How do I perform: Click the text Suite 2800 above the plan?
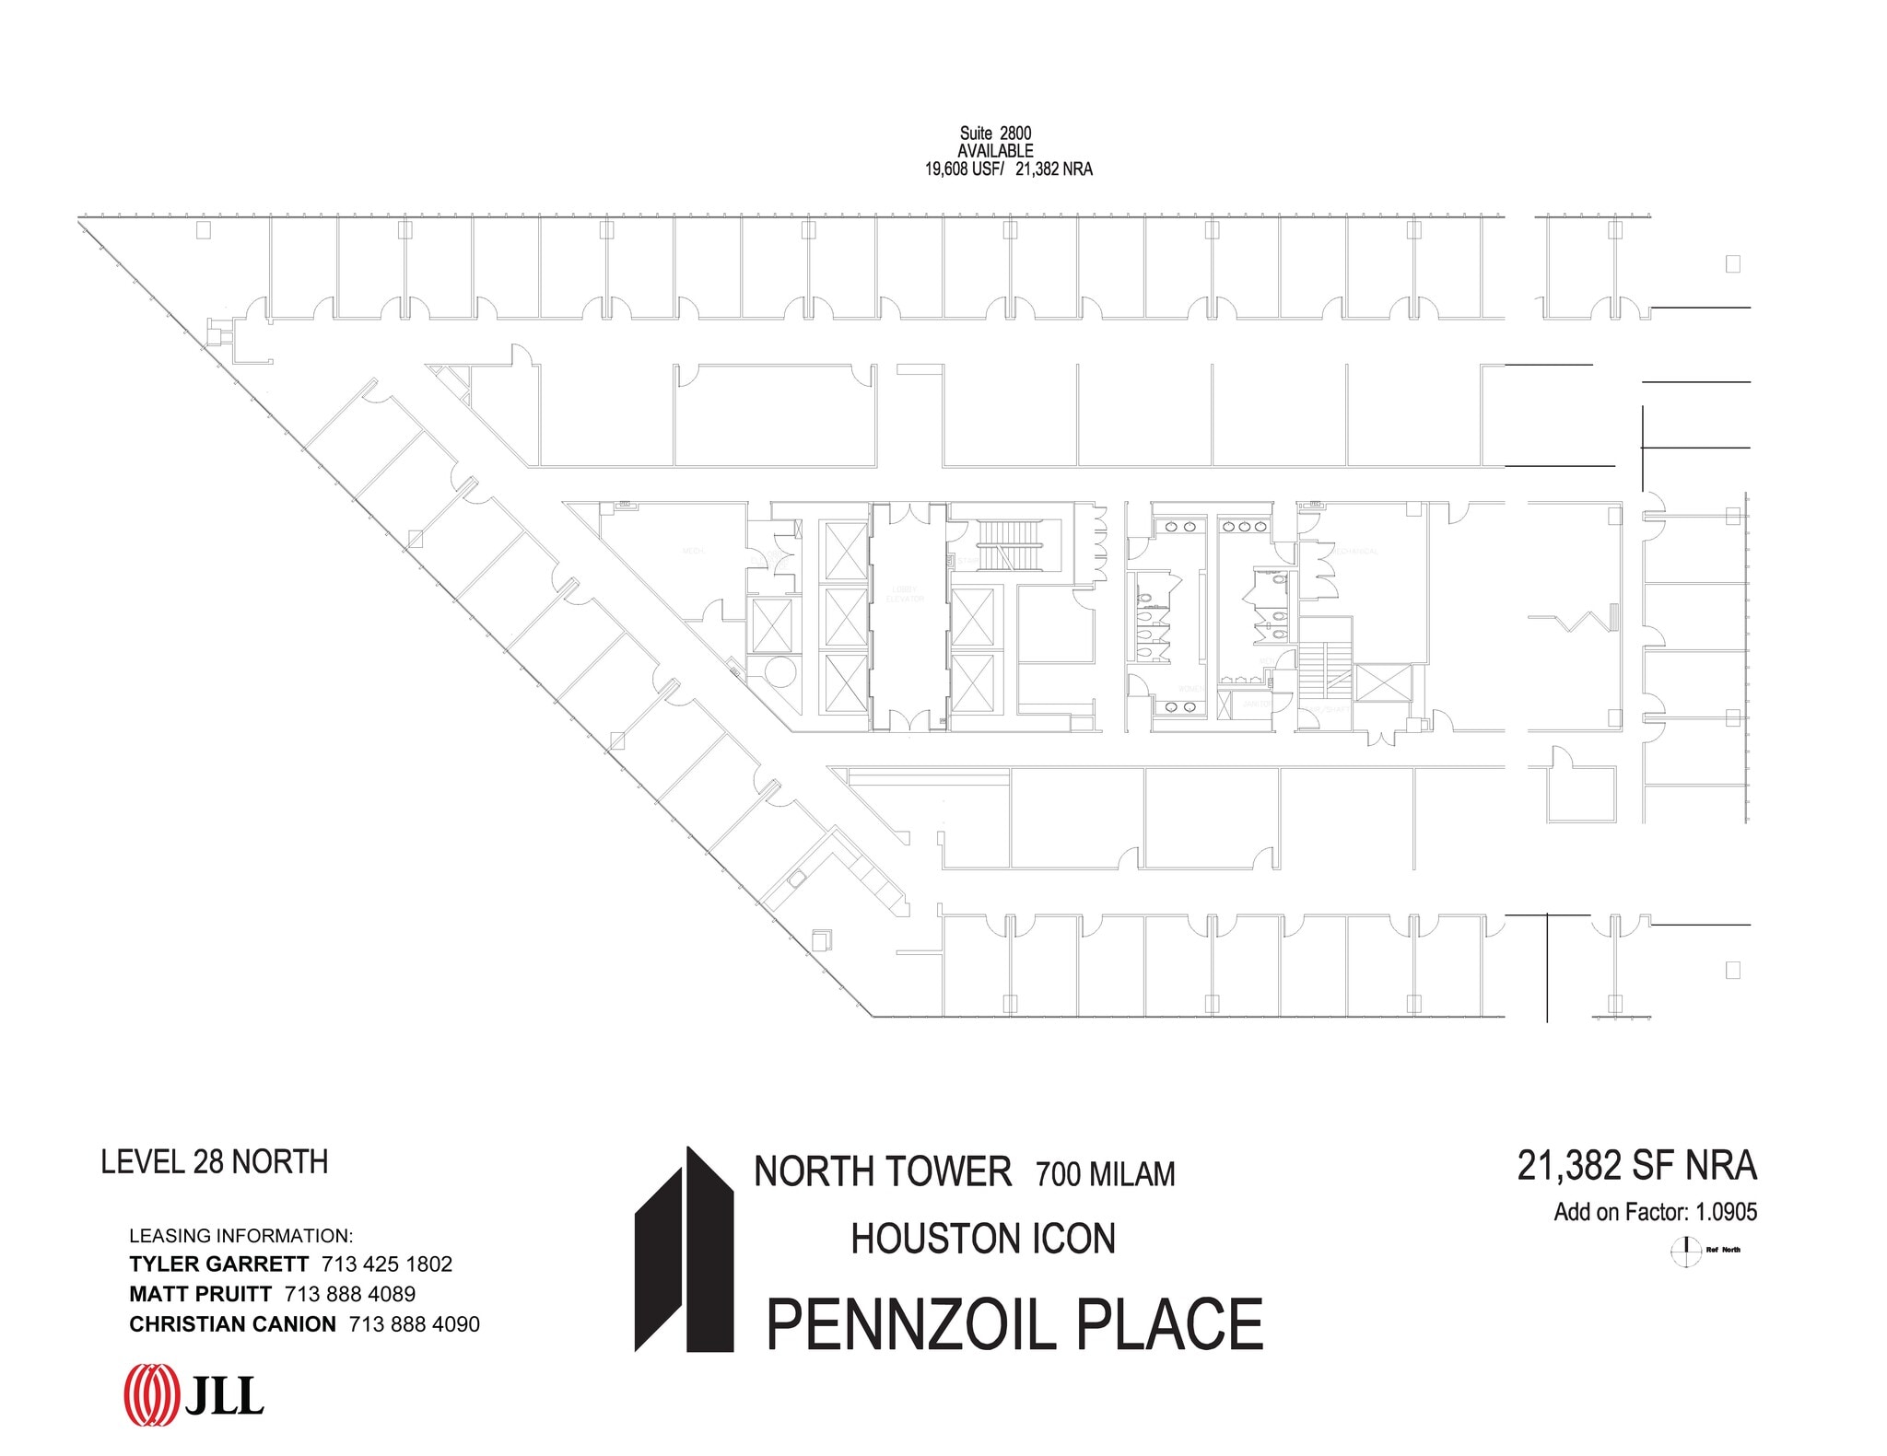point(995,134)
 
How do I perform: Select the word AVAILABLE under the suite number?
point(995,151)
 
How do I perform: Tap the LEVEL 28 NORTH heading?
point(214,1162)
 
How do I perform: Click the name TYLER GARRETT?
point(218,1264)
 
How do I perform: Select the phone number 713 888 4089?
point(350,1294)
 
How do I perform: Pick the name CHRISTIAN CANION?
point(232,1324)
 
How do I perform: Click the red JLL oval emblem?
point(151,1392)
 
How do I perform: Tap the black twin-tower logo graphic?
point(684,1250)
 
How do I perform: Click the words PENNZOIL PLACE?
point(1014,1326)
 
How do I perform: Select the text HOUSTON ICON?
point(982,1240)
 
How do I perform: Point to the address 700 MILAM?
point(1105,1175)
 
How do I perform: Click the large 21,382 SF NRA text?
point(1636,1166)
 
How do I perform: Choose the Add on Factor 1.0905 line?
point(1655,1212)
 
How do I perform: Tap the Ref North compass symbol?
point(1686,1250)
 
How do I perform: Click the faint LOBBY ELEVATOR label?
point(904,594)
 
